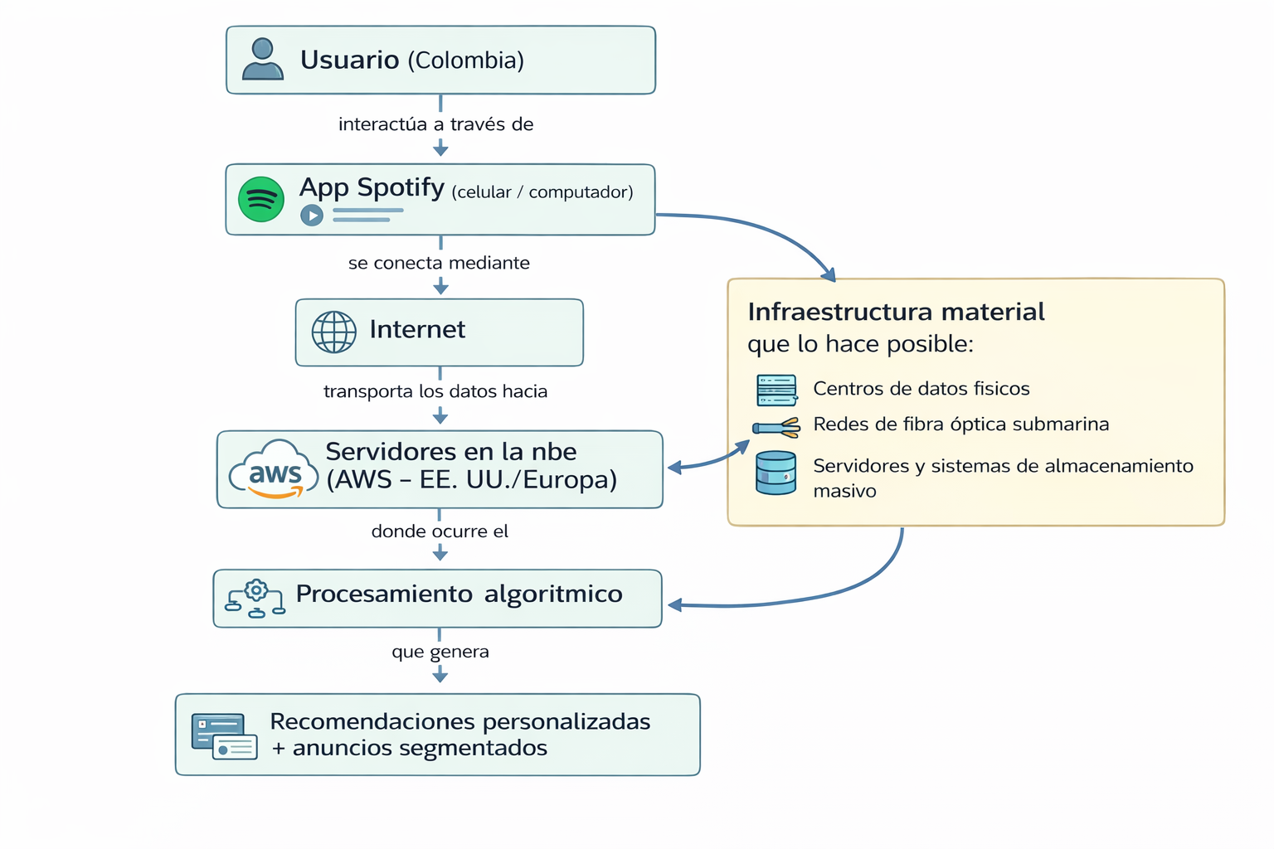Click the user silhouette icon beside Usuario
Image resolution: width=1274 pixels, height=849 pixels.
(262, 60)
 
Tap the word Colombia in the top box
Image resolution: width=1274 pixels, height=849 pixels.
(465, 61)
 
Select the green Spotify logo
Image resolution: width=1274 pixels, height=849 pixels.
(261, 199)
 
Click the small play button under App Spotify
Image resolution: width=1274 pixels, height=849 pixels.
(312, 216)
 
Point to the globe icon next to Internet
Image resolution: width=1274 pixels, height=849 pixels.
(333, 332)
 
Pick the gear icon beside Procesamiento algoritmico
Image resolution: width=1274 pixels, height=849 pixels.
(256, 590)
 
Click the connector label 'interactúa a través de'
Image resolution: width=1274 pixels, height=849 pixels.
(435, 124)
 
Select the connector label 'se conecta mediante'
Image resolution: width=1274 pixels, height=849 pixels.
(439, 263)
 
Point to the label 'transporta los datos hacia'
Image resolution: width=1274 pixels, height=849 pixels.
(435, 391)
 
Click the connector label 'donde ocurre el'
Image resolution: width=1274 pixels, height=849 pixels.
(440, 531)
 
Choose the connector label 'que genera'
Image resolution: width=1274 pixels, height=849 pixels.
(440, 652)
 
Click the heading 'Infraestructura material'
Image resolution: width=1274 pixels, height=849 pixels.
(896, 312)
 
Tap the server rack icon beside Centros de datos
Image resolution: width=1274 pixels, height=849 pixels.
(776, 390)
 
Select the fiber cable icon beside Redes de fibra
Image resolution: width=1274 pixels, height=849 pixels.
(776, 427)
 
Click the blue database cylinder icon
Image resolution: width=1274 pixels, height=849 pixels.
(776, 473)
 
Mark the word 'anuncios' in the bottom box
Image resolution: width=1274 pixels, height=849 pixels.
(342, 748)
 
